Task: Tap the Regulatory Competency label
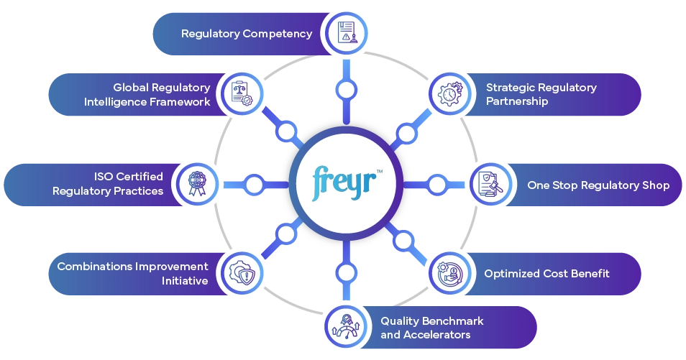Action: (246, 33)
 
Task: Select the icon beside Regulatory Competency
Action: (345, 33)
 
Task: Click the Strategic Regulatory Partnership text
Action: (541, 94)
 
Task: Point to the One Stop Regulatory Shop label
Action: (598, 185)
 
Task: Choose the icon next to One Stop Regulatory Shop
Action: (490, 185)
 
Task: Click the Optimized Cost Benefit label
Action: (546, 273)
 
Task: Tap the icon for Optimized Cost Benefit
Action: (450, 273)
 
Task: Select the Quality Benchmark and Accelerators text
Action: (431, 328)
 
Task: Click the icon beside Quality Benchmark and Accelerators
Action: (345, 327)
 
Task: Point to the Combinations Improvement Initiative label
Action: (132, 274)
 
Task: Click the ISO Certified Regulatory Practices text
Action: (108, 184)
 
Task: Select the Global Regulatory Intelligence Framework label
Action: (147, 95)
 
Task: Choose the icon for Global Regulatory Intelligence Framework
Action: (240, 94)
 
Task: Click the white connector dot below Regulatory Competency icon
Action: (346, 91)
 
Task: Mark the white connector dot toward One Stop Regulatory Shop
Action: (436, 185)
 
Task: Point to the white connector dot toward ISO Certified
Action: (253, 185)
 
